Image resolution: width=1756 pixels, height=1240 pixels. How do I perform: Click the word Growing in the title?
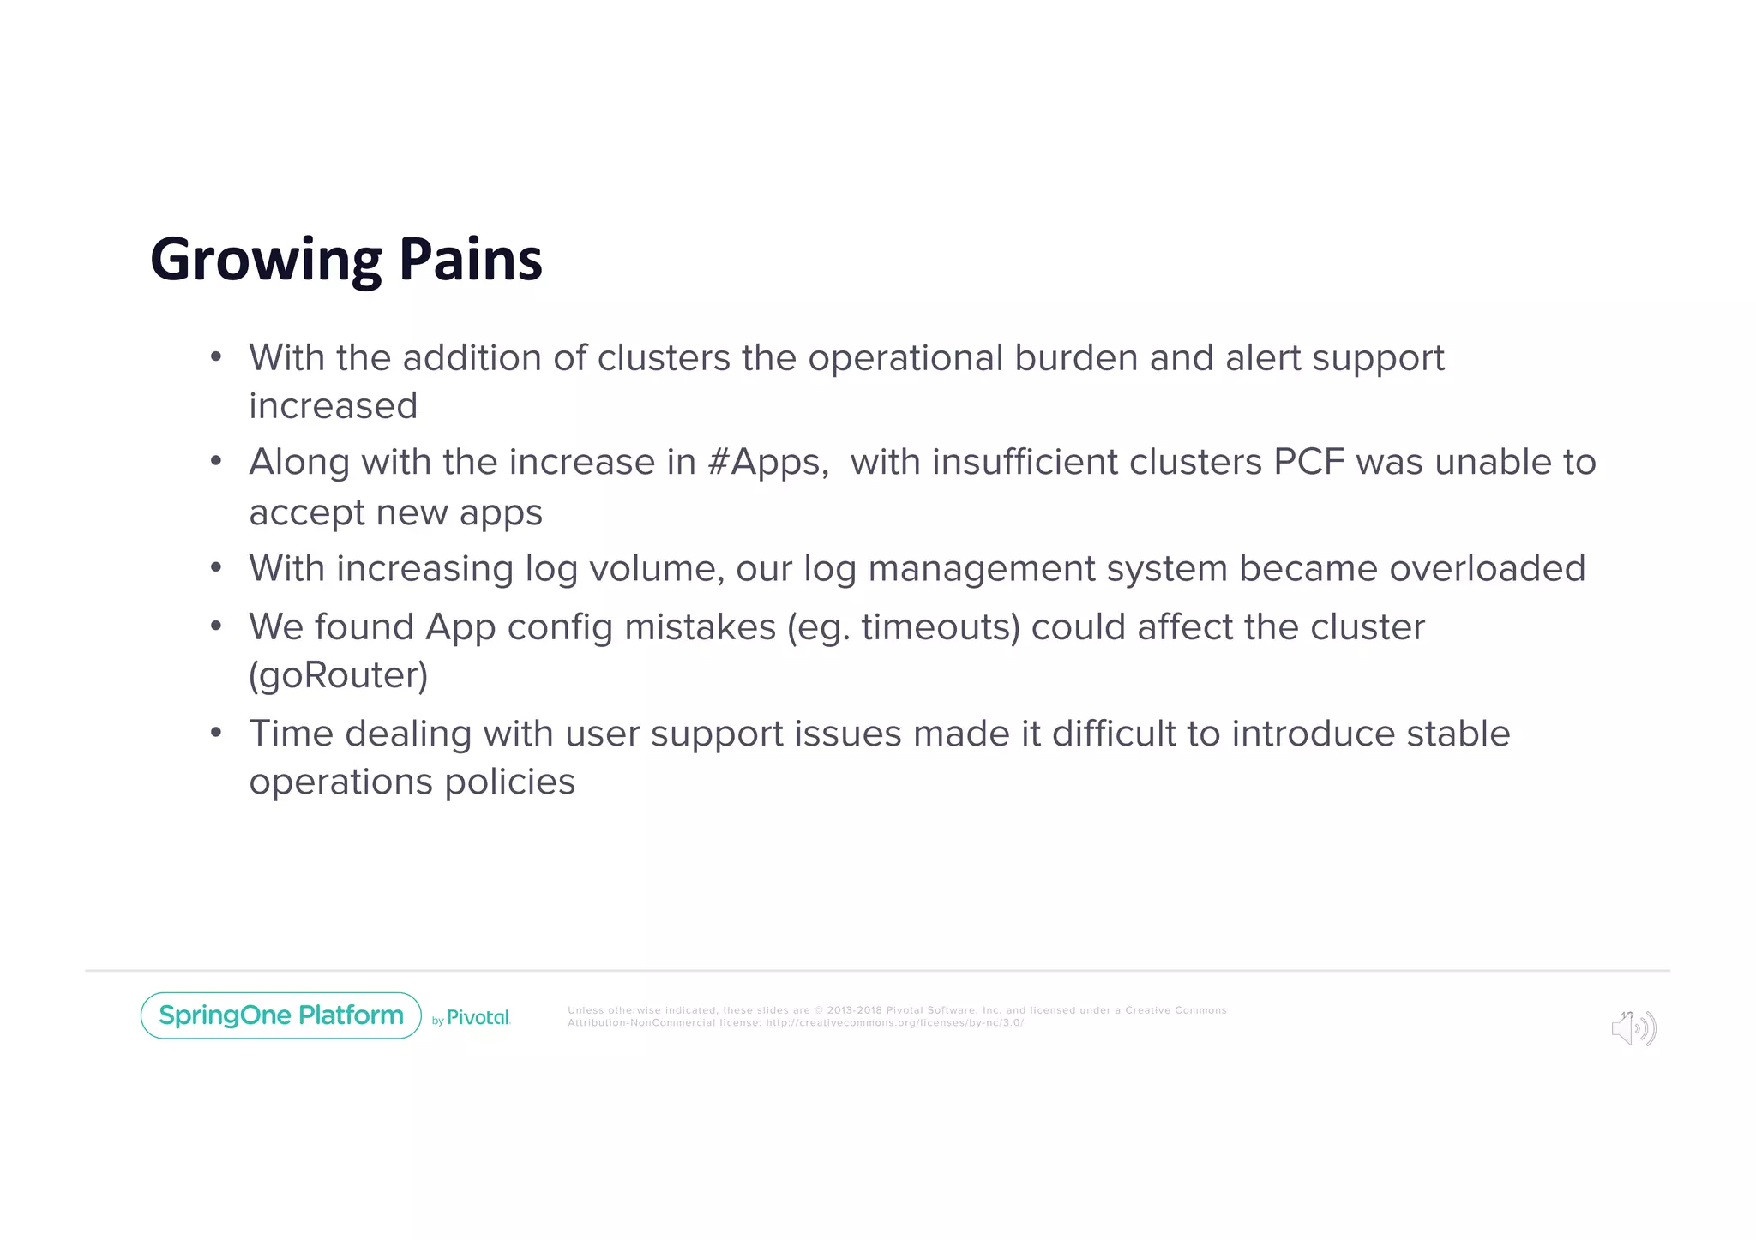coord(265,260)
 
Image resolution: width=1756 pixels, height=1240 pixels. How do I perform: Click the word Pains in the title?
coord(470,260)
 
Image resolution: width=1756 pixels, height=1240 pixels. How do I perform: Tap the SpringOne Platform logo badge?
coord(280,1015)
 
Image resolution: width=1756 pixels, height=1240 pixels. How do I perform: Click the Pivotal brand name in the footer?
coord(478,1017)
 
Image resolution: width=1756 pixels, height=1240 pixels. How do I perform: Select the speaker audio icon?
coord(1633,1028)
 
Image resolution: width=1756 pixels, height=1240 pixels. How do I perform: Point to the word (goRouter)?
coord(338,675)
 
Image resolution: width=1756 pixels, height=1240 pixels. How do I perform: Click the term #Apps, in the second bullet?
coord(768,463)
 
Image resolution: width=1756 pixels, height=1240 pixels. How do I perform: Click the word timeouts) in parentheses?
coord(941,627)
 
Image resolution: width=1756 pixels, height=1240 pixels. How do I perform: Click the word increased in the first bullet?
coord(333,406)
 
